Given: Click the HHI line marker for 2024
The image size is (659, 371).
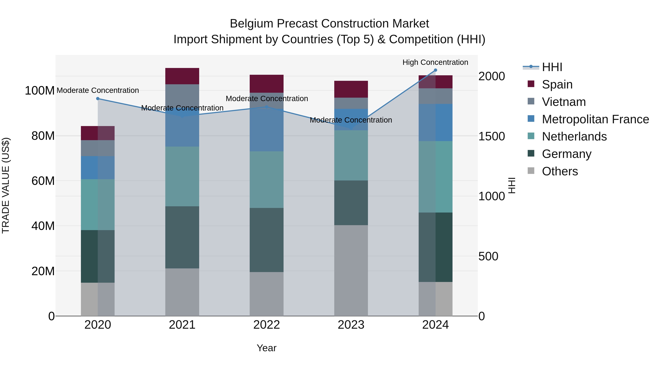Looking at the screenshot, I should tap(435, 70).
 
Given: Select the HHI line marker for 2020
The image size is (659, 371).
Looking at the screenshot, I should tap(98, 99).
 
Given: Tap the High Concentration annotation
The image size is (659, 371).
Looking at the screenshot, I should tap(435, 62).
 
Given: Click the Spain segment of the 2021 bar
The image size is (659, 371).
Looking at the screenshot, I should tap(182, 76).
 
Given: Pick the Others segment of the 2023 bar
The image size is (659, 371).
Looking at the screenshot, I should tap(351, 270).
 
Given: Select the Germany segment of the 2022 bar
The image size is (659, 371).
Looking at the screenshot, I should tap(267, 240).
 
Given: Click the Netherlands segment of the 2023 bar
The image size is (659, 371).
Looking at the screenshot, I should tap(351, 155).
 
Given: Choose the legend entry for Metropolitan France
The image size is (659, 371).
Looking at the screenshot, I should tap(595, 119).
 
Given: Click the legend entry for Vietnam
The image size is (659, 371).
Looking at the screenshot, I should tap(564, 102).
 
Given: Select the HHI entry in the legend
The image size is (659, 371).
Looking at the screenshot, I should tap(552, 67).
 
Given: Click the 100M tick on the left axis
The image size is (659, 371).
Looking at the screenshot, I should tap(40, 91).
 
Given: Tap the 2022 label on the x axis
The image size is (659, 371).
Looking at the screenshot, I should tap(267, 325).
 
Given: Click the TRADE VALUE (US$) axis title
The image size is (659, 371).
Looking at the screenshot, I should tap(6, 185).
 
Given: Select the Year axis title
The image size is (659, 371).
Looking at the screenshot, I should tap(267, 348).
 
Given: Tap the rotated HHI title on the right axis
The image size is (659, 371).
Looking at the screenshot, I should tap(511, 185).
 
